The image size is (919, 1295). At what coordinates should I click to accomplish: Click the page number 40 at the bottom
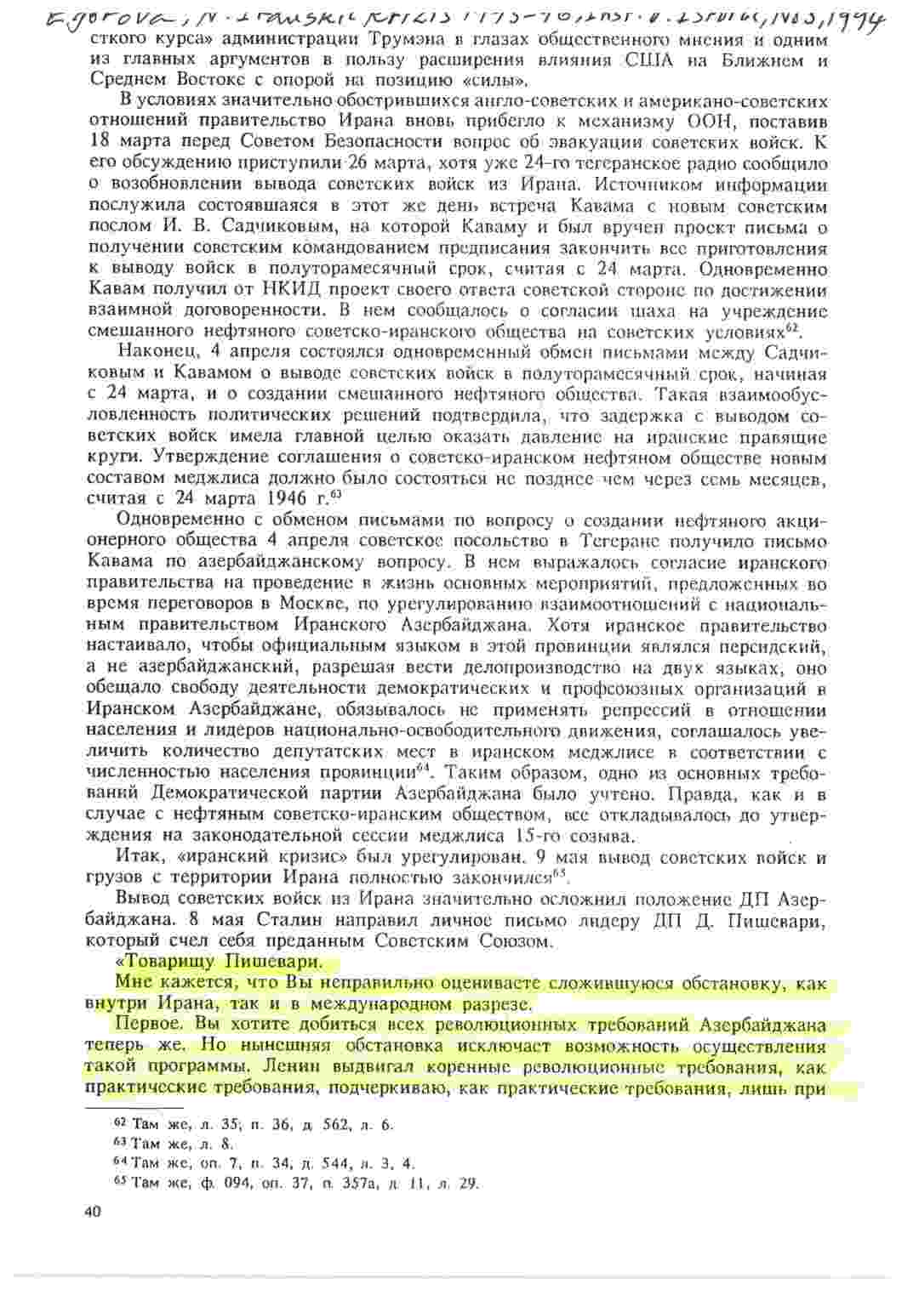[94, 1212]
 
